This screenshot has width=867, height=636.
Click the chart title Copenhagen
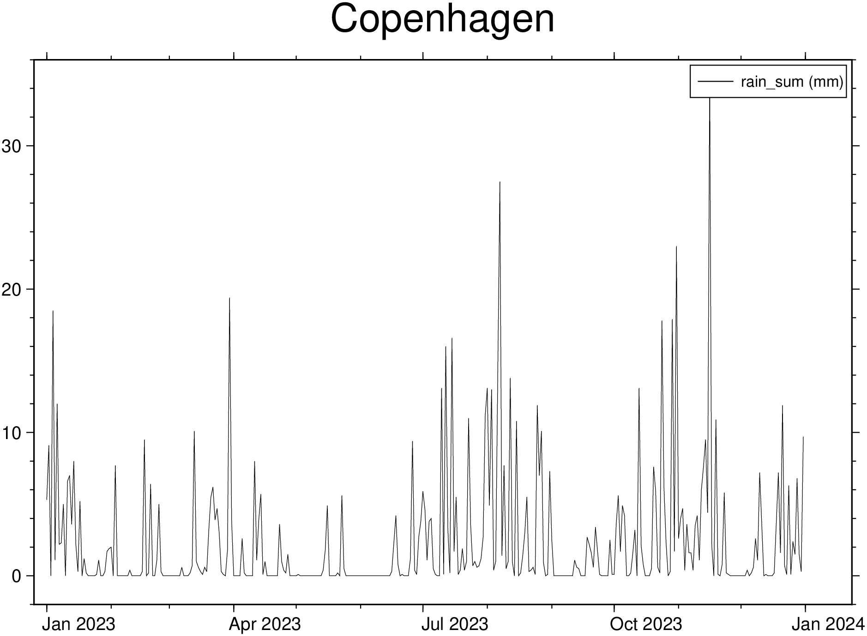click(x=442, y=19)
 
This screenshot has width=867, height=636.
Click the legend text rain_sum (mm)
click(x=792, y=82)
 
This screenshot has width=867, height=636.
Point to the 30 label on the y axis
click(x=12, y=147)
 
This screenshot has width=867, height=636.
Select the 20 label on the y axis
click(x=12, y=290)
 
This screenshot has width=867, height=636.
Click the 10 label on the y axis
click(x=12, y=434)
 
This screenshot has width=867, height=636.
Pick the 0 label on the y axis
click(x=17, y=577)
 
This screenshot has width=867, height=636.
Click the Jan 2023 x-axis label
click(x=78, y=624)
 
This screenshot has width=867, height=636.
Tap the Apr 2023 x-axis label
click(x=265, y=624)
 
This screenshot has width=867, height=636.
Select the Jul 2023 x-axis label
click(x=454, y=624)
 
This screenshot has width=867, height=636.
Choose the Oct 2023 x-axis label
click(x=646, y=624)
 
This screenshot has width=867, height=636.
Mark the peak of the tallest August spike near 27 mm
click(x=500, y=182)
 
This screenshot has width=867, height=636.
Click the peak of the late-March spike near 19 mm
click(x=229, y=298)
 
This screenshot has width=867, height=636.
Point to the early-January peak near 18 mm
click(x=53, y=311)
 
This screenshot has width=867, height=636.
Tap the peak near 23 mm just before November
click(x=676, y=246)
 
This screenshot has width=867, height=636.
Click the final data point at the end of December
click(x=803, y=437)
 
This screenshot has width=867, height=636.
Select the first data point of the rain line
click(x=47, y=499)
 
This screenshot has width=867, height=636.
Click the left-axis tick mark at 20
click(x=31, y=289)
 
